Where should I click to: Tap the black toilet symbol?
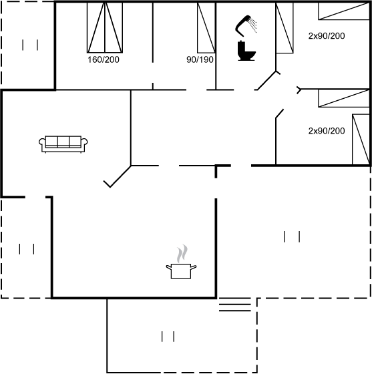pos(246,51)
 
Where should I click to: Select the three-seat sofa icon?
pos(63,144)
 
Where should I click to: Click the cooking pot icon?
pos(181,271)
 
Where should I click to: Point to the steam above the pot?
pos(182,253)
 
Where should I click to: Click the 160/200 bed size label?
pos(104,59)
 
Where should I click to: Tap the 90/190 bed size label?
pos(200,59)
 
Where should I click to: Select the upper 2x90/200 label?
pos(327,36)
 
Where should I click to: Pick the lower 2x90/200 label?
pos(327,131)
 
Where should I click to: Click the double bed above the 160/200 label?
pos(105,27)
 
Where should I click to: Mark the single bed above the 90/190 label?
pos(206,27)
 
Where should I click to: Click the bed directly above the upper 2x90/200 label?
pos(344,11)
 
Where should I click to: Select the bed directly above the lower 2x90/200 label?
pos(344,98)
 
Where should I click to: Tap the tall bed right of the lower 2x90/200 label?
pos(361,140)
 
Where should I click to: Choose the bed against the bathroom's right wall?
pos(285,27)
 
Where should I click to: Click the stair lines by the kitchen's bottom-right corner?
pos(235,307)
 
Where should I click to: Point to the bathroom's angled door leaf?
pos(268,80)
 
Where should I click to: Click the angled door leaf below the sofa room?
pos(117,176)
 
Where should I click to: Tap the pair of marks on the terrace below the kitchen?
pos(168,337)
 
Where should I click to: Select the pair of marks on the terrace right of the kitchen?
pos(292,236)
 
